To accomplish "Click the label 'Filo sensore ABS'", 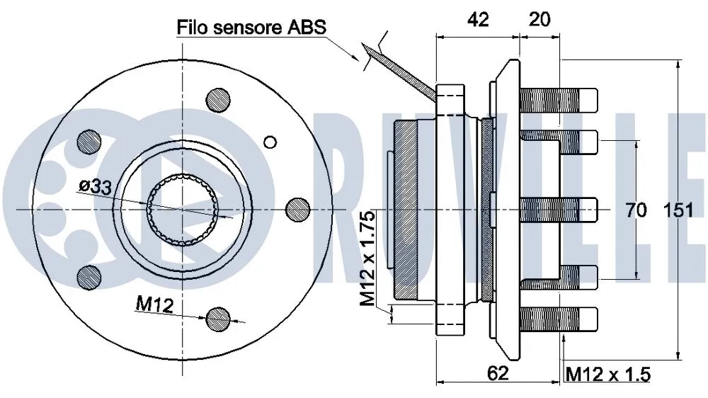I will (x=251, y=28).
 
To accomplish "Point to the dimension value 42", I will (x=478, y=20).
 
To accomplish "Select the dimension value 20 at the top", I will (x=539, y=20).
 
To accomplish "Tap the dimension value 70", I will (x=637, y=210).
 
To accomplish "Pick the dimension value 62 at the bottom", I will (x=498, y=374).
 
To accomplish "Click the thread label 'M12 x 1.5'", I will (x=607, y=374).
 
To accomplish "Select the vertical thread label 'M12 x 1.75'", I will (x=367, y=258).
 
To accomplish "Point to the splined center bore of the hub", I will (x=182, y=210).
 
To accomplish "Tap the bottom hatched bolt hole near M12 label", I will (x=218, y=319).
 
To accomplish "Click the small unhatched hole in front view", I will (x=270, y=142).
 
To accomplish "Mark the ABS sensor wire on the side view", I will (x=404, y=71).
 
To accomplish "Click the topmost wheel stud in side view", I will (x=559, y=98).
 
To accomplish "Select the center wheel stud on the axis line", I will (x=559, y=210).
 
